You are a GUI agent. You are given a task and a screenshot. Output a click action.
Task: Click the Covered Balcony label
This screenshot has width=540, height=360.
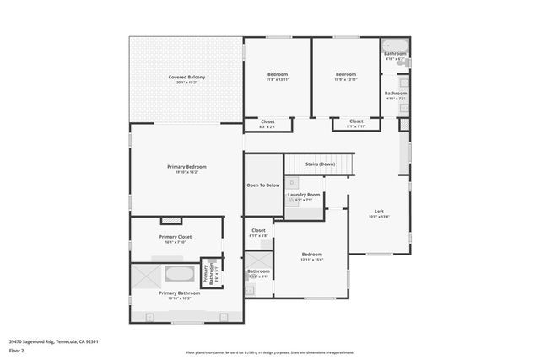click(x=186, y=78)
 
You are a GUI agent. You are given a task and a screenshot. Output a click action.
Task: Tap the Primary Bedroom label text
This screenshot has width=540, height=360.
click(x=186, y=167)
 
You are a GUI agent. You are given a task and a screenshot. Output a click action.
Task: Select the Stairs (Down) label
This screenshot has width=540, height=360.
click(x=320, y=164)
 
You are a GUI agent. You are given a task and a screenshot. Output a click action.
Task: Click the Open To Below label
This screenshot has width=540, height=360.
click(x=262, y=185)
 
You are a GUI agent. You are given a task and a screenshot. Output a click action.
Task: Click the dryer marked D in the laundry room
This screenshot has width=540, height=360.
click(x=292, y=182)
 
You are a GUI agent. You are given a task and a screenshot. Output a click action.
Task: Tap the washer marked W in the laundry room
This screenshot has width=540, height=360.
click(x=292, y=201)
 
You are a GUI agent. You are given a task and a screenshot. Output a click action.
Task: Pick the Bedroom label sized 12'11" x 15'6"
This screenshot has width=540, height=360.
click(x=312, y=255)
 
